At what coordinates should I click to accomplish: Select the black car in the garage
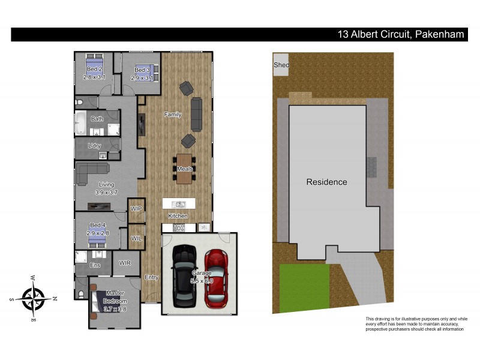point(184,277)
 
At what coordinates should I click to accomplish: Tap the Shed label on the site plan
point(281,65)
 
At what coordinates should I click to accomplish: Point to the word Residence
point(326,182)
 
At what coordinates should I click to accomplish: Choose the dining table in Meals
point(184,169)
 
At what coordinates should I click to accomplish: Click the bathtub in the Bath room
point(81,124)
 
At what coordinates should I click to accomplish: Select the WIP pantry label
point(136,208)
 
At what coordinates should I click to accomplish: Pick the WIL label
point(136,238)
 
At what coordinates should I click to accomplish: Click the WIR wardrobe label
point(125,263)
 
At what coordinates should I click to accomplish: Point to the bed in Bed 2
point(94,64)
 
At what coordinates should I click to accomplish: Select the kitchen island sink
point(178,205)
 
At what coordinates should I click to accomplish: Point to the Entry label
point(152,277)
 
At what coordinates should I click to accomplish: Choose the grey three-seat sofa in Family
point(196,114)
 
